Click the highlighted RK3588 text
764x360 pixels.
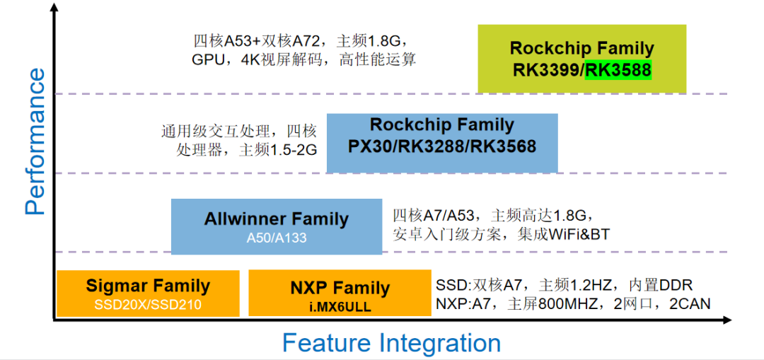618,71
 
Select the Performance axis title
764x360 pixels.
35,141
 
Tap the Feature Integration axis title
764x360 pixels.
391,343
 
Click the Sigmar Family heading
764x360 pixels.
148,286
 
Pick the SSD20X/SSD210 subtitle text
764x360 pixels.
148,306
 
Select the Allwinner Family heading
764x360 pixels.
277,219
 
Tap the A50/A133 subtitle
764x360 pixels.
277,238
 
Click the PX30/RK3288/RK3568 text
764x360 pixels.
442,147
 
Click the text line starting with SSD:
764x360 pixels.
564,285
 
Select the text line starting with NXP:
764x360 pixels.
573,304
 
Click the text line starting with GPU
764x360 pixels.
303,59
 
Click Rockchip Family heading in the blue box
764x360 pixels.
442,125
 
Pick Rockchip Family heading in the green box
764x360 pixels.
581,49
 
